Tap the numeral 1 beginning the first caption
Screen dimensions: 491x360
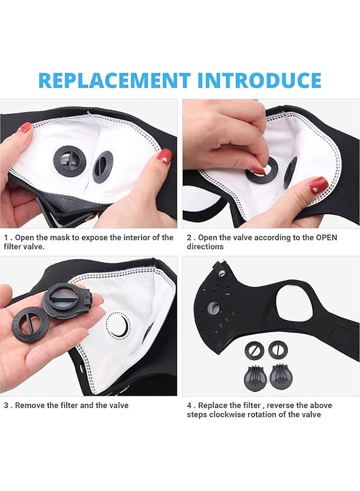tap(6, 238)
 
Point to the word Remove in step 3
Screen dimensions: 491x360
tap(31, 405)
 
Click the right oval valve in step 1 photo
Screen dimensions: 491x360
tap(103, 166)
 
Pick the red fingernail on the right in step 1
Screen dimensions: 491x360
tap(165, 158)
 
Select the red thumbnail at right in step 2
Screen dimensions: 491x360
tap(318, 186)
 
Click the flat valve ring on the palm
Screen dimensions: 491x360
tap(29, 324)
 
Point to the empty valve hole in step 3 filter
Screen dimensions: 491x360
tap(118, 325)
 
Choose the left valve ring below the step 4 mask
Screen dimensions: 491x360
tap(254, 350)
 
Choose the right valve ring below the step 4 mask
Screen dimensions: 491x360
tap(278, 350)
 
